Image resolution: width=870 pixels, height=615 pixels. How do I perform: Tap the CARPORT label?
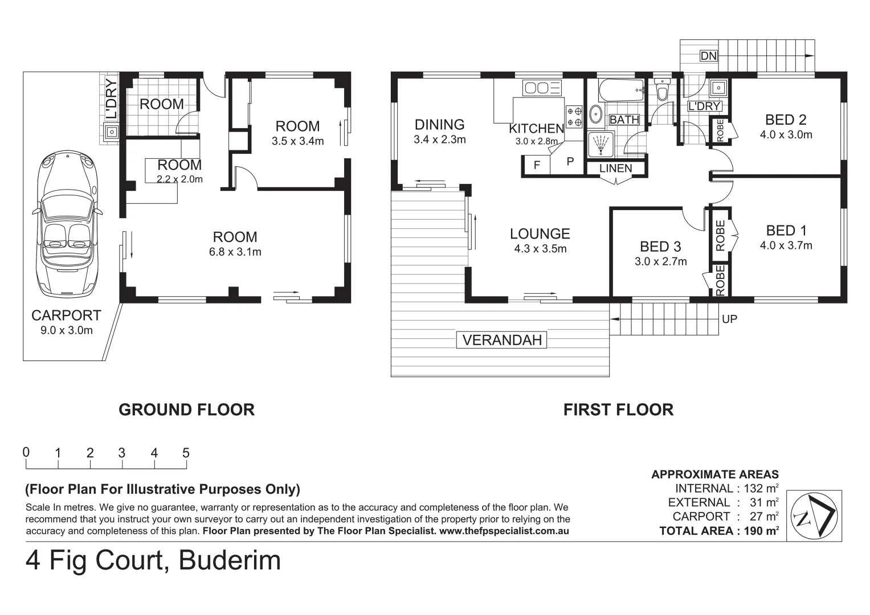[66, 315]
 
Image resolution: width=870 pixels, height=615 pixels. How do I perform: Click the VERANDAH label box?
[502, 340]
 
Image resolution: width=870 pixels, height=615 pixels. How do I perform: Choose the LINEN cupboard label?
[615, 169]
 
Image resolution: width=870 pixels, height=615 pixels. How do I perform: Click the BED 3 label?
[660, 247]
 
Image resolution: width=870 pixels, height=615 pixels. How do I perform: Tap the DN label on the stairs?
[709, 56]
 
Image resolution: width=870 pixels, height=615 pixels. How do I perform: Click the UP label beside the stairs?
[729, 319]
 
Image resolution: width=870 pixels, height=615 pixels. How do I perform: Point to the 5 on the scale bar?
[186, 453]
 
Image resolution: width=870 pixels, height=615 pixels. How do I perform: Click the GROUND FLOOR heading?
[186, 409]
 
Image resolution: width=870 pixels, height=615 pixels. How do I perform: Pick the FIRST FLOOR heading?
[618, 409]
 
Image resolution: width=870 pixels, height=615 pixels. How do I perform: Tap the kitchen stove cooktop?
[574, 116]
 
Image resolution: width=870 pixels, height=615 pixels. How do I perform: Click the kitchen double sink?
[542, 88]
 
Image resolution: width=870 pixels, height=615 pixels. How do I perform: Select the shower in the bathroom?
[601, 143]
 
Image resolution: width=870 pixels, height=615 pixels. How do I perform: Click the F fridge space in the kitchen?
[536, 166]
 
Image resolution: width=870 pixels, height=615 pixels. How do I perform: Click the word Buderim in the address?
[230, 560]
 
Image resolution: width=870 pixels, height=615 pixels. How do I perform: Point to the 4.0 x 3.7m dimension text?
[786, 245]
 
